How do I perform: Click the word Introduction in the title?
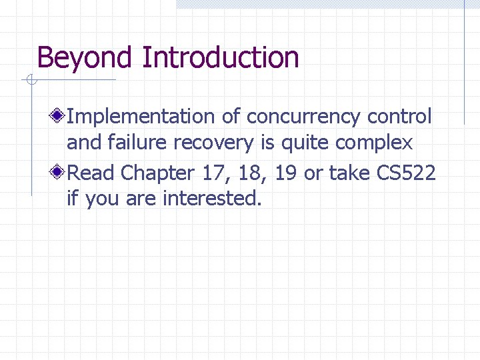pos(221,58)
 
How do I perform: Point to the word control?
pos(400,117)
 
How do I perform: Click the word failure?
pos(143,143)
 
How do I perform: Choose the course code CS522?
pos(407,173)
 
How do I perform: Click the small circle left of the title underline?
pos(31,81)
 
